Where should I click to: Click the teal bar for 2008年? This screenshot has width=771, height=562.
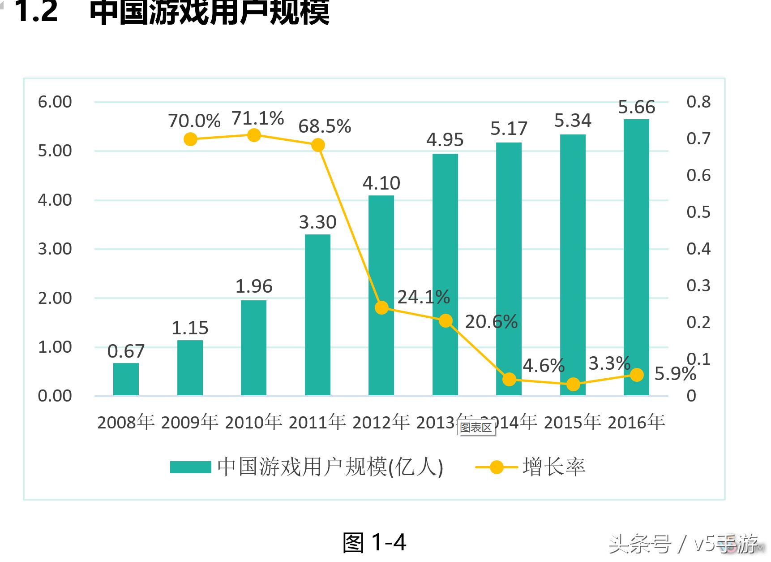[126, 379]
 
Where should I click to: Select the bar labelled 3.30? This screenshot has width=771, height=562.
[317, 314]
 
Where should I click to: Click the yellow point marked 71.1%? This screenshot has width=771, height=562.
[254, 135]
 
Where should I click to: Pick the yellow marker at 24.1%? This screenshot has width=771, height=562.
[381, 307]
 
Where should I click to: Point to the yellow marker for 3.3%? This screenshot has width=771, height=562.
[573, 384]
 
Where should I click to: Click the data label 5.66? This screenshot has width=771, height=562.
[636, 107]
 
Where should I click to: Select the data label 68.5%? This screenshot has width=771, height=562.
[325, 126]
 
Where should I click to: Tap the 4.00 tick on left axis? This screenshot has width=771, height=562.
[55, 200]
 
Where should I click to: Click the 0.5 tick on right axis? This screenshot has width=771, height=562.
[698, 212]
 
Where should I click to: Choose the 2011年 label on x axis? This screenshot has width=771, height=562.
[317, 422]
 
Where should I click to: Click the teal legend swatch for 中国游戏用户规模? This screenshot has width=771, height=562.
[190, 467]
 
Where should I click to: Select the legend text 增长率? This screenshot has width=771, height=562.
[554, 467]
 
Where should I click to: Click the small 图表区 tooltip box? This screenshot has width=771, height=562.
[476, 428]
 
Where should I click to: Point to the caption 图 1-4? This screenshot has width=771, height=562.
[374, 542]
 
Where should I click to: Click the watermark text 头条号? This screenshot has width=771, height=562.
[639, 545]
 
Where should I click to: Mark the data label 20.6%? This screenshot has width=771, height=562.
[491, 322]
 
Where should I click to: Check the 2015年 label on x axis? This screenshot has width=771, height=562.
[572, 422]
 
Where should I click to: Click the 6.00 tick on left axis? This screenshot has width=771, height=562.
[55, 102]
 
